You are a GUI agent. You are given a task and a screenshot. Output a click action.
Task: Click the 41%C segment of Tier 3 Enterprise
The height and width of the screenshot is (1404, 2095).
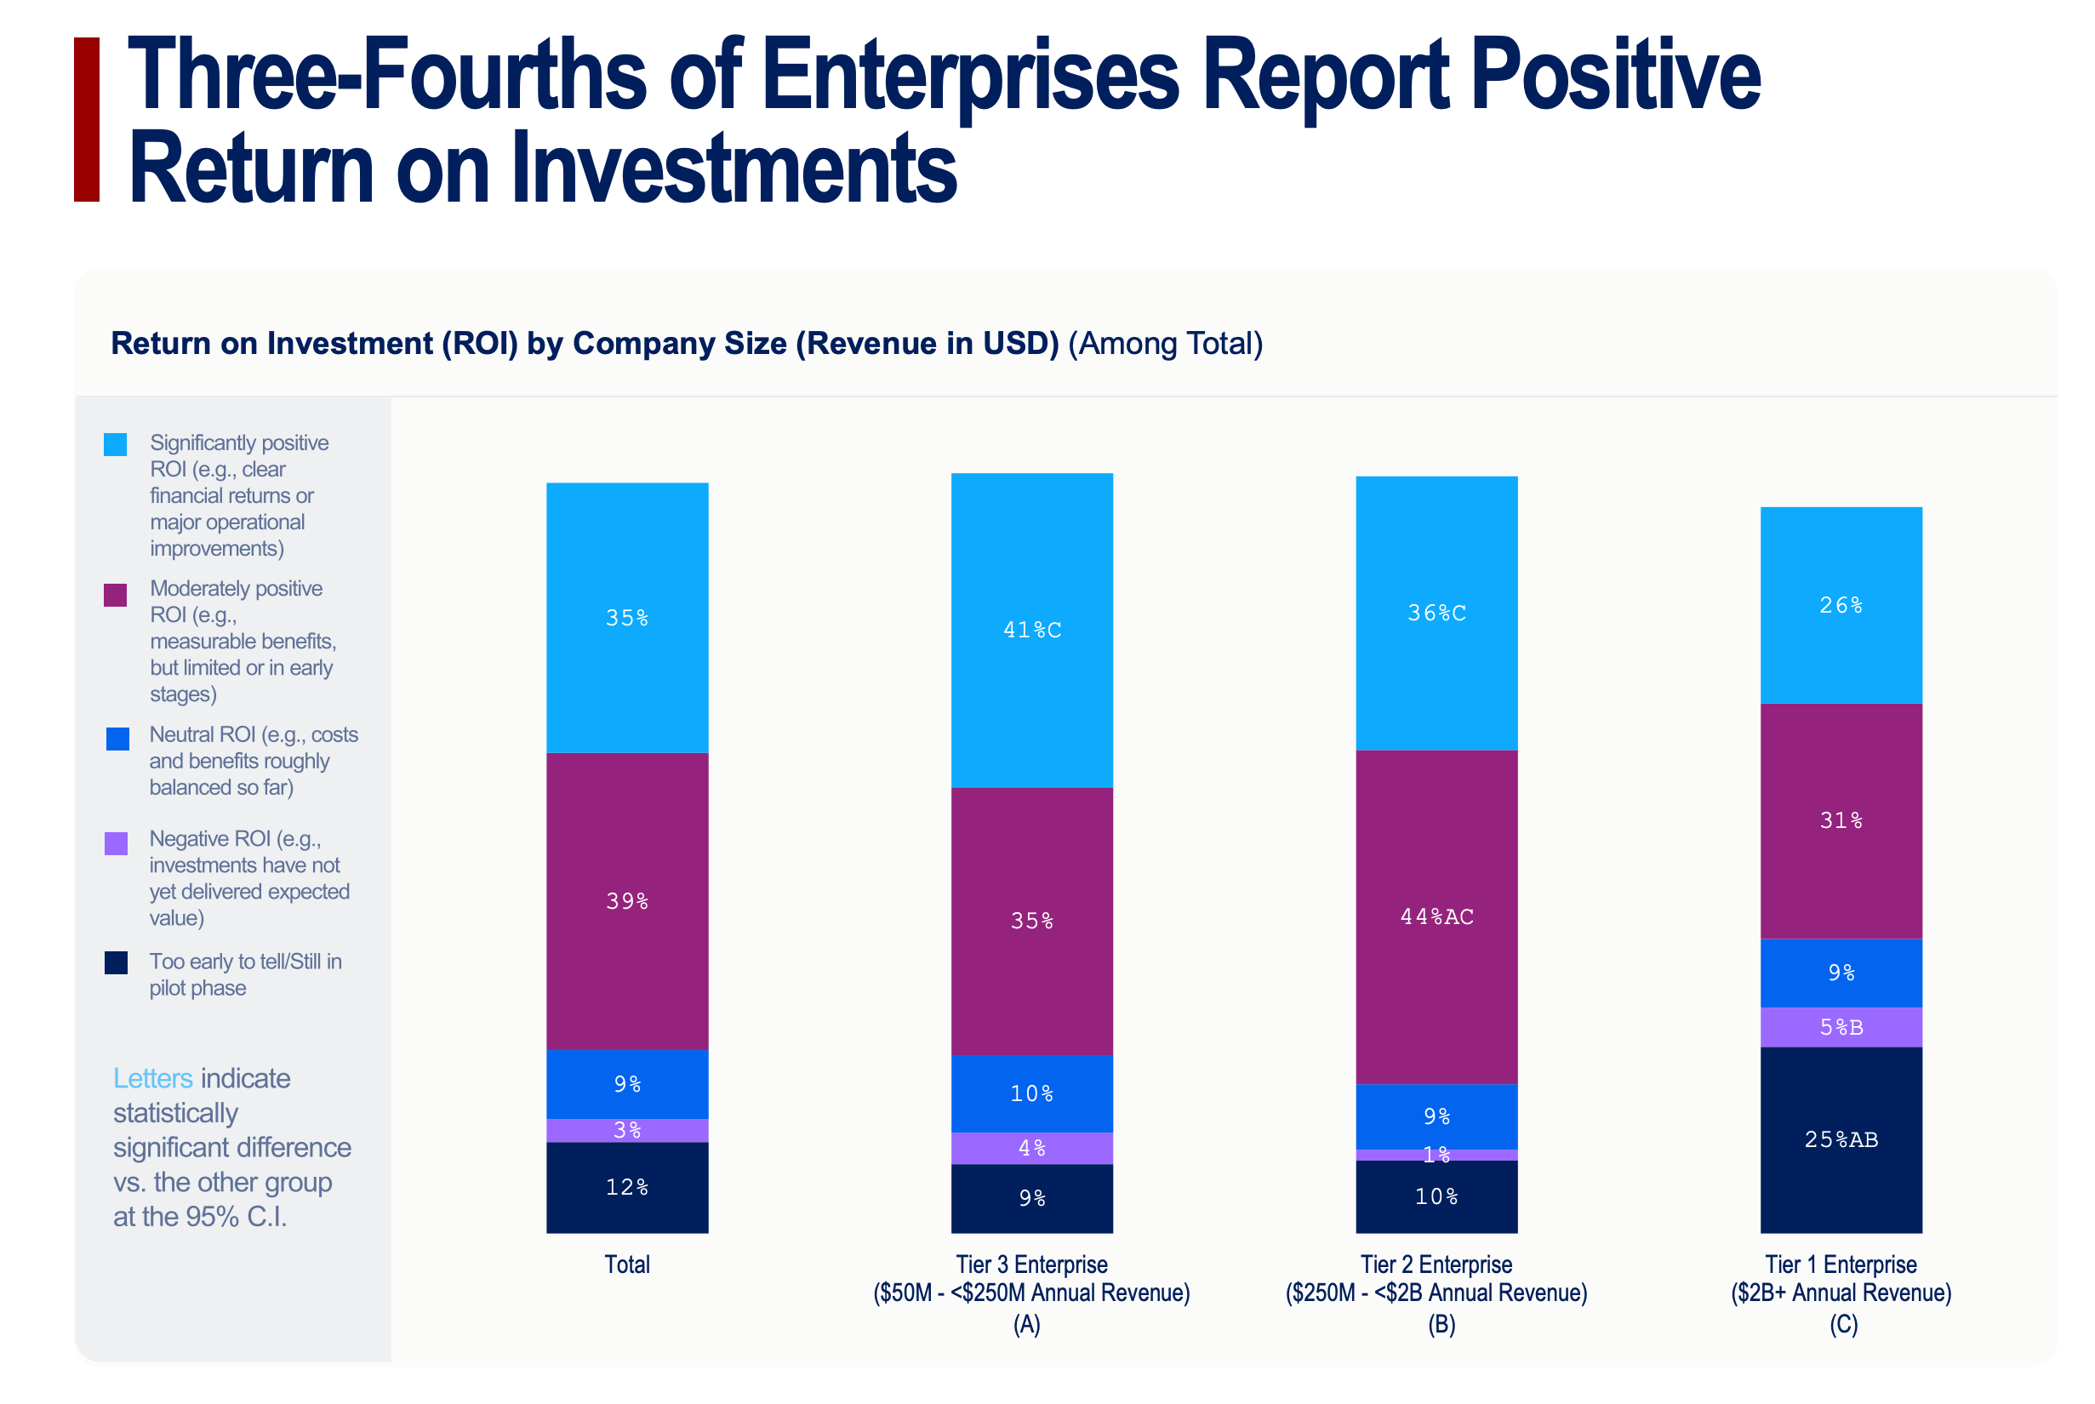[1031, 630]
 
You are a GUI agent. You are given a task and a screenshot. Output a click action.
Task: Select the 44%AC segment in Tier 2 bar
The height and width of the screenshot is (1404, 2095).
[1436, 916]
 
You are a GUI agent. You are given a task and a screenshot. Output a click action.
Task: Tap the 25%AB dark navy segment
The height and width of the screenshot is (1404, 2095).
[1841, 1139]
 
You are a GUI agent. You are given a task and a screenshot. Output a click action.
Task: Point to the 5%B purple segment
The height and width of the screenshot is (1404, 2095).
[1841, 1027]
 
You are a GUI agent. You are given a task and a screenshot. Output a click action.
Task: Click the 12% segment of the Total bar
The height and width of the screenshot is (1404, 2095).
[626, 1187]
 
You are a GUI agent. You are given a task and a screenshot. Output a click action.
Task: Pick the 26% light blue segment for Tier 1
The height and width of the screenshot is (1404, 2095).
[1841, 605]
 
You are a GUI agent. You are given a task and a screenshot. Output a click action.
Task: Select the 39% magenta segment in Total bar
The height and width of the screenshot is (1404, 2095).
[626, 901]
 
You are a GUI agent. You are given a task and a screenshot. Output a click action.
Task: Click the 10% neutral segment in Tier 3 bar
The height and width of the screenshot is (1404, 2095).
[1031, 1093]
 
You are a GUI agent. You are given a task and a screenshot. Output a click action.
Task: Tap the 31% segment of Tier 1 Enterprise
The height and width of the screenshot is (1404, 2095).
[1841, 820]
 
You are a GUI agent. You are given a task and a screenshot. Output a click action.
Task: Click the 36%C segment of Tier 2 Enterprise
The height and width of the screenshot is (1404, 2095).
[1436, 613]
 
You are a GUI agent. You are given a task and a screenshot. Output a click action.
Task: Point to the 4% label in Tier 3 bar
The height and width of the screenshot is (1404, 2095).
[1031, 1148]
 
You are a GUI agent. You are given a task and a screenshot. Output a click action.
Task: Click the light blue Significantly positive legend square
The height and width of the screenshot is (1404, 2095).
[116, 444]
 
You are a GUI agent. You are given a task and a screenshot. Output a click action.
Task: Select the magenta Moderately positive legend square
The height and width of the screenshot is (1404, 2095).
[116, 595]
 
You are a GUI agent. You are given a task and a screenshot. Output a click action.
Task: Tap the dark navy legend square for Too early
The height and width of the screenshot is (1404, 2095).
[117, 962]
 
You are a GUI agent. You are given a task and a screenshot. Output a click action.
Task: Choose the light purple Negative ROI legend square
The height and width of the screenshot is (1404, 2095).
[117, 843]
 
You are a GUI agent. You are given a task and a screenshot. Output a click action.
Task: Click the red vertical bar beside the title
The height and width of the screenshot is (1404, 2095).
[87, 119]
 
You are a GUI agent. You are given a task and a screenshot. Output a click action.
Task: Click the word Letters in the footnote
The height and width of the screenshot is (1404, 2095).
[153, 1078]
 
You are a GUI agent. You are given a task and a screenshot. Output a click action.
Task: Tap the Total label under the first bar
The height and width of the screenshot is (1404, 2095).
[626, 1264]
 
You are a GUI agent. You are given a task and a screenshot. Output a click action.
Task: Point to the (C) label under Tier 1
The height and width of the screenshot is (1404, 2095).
[1842, 1324]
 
